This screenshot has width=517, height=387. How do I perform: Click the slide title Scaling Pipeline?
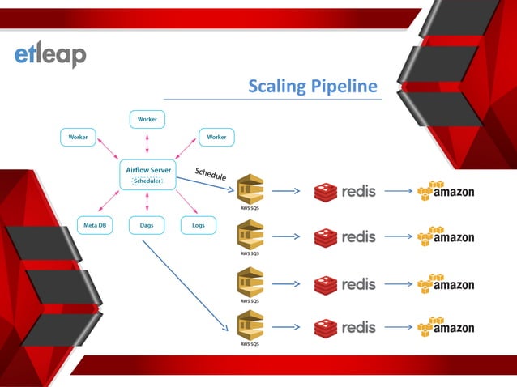click(313, 87)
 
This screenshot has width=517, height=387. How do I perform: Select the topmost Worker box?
click(147, 119)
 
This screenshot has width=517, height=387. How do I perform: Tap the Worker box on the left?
click(78, 137)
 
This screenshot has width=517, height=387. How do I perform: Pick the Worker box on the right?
click(216, 137)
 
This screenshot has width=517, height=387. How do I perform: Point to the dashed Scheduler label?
click(147, 181)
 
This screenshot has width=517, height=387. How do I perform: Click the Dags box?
click(147, 225)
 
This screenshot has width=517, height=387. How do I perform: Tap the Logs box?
click(198, 225)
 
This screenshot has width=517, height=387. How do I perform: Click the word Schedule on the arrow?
click(211, 174)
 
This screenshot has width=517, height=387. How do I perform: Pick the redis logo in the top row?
click(345, 192)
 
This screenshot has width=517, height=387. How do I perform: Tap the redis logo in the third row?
click(345, 284)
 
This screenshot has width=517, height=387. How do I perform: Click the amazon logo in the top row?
click(445, 191)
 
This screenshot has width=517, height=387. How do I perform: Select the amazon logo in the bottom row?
click(445, 327)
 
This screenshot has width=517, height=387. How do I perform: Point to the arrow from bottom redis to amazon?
click(398, 328)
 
